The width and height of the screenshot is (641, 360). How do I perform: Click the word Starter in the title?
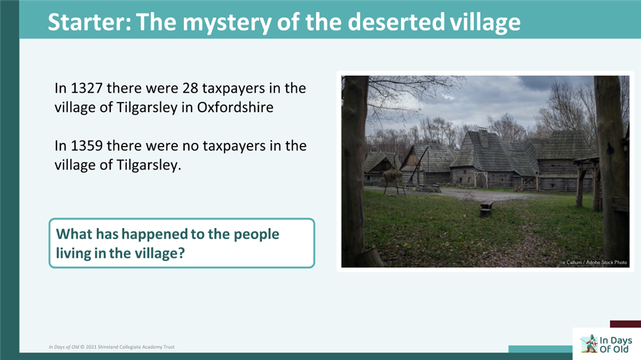pyautogui.click(x=86, y=22)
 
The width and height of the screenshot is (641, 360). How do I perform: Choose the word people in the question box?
pyautogui.click(x=256, y=234)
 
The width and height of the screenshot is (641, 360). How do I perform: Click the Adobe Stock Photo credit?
pyautogui.click(x=594, y=263)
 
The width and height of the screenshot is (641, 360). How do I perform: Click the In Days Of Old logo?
pyautogui.click(x=606, y=344)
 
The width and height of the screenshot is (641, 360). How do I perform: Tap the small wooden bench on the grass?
pyautogui.click(x=487, y=208)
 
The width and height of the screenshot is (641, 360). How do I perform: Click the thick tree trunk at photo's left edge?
pyautogui.click(x=354, y=167)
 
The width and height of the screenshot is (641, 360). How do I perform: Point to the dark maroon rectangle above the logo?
pyautogui.click(x=625, y=324)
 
